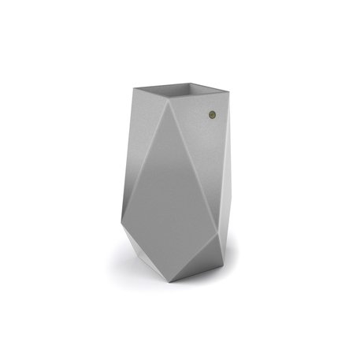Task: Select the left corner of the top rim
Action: (132, 87)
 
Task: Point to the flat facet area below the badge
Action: (209, 158)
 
